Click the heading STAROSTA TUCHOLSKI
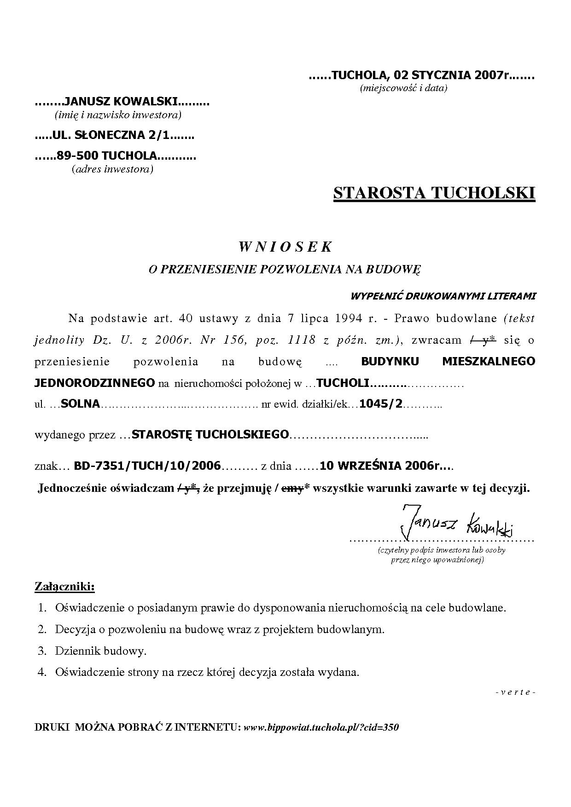point(434,193)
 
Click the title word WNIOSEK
point(285,247)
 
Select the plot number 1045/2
point(381,404)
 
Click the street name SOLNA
point(80,404)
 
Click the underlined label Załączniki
point(64,587)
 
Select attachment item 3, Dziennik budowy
point(100,651)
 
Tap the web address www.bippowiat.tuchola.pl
point(320,727)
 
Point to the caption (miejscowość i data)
point(403,88)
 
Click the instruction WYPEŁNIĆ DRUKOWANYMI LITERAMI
point(443,296)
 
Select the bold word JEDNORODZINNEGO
point(95,382)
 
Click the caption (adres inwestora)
point(112,169)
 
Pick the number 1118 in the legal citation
point(301,340)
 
